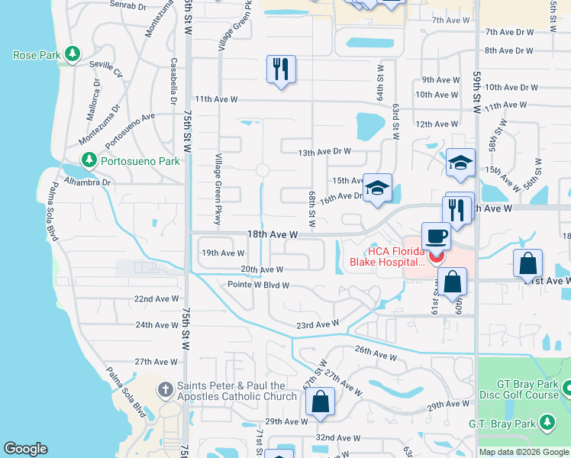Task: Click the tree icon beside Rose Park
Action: pos(72,54)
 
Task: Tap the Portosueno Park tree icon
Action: pos(90,160)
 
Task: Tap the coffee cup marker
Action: pos(436,237)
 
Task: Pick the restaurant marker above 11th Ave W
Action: pos(281,70)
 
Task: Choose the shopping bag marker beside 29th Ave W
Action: pos(321,402)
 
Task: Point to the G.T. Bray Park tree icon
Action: pos(547,421)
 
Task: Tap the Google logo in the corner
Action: pos(25,449)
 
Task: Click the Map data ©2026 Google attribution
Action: pos(523,452)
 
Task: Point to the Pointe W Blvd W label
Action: pos(258,285)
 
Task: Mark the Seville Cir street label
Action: pos(106,69)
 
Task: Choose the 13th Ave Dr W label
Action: pos(324,152)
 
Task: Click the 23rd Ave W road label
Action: pos(317,324)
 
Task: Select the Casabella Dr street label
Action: pos(174,81)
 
